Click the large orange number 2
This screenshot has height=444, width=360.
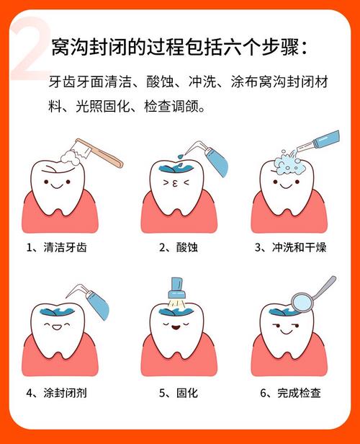32,49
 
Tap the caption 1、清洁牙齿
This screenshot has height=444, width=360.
61,247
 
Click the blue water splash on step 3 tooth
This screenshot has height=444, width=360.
292,162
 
